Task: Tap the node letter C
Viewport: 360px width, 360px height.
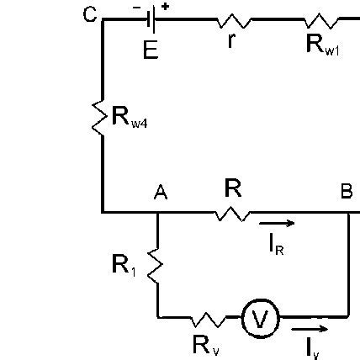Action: coord(89,14)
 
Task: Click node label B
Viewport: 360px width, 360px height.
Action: coord(346,193)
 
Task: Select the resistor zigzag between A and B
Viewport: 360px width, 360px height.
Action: coord(232,213)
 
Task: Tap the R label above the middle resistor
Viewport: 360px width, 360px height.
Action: coord(233,189)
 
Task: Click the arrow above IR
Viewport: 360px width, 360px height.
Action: coord(278,224)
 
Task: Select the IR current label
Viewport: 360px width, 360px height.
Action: coord(280,245)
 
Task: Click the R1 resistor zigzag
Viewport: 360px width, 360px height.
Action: coord(157,265)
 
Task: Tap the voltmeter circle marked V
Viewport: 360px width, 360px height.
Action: coord(259,318)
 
